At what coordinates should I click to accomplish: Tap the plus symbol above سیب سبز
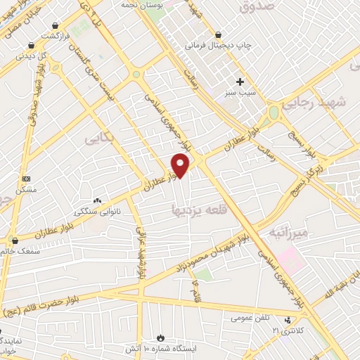click(x=240, y=82)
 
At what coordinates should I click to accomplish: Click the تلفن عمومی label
click(x=251, y=318)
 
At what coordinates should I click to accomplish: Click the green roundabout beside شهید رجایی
click(x=274, y=112)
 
